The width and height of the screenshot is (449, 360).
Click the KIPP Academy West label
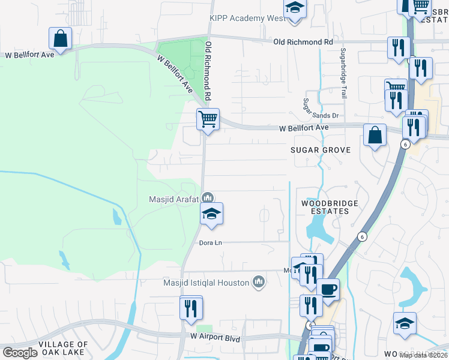click(x=246, y=19)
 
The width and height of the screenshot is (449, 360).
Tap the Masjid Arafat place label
click(x=174, y=199)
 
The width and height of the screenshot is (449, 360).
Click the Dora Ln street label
click(x=211, y=242)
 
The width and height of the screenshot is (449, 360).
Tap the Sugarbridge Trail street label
click(x=344, y=73)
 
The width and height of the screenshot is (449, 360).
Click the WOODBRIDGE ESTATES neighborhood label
click(x=330, y=207)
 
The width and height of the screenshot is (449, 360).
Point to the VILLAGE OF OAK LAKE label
click(x=47, y=348)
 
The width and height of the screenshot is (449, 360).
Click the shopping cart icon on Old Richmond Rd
click(x=208, y=118)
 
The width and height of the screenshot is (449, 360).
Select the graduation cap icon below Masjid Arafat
click(x=211, y=214)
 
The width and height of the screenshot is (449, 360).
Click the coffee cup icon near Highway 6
click(x=328, y=289)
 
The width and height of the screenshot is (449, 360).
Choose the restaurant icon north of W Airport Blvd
click(x=191, y=308)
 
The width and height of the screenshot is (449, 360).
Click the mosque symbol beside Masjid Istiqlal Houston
click(x=259, y=281)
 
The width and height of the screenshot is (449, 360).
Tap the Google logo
click(x=20, y=353)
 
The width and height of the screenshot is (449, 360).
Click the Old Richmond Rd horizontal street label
click(x=303, y=42)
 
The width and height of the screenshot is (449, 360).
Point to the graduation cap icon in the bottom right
click(x=405, y=323)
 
